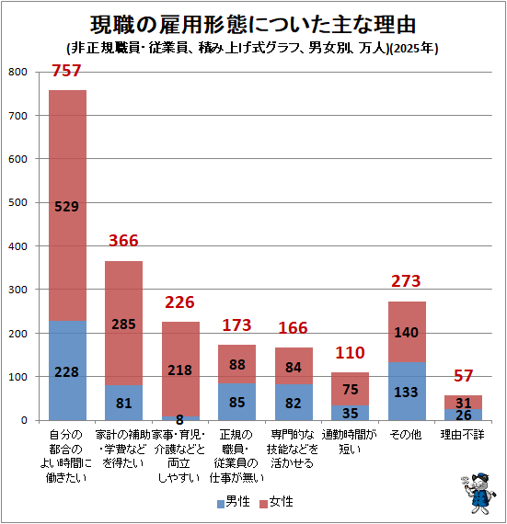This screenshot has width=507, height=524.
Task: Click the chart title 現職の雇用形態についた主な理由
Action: [253, 25]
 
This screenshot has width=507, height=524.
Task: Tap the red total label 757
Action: [66, 71]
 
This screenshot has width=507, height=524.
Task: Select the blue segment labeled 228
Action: [67, 370]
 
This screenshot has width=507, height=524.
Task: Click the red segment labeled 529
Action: [67, 206]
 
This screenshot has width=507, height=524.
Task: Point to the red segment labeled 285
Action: [123, 324]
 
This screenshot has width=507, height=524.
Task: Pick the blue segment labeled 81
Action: [123, 403]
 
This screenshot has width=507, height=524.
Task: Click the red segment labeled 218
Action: [180, 370]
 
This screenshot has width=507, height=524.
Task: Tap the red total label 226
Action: [179, 302]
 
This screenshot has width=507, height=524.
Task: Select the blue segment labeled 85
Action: [236, 402]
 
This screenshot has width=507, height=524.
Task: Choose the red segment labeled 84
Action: [294, 366]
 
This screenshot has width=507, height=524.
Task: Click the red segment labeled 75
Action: [351, 389]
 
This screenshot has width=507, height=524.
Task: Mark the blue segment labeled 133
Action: [407, 391]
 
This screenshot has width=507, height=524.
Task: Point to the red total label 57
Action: [463, 376]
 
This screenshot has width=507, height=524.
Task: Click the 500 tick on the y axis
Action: [17, 202]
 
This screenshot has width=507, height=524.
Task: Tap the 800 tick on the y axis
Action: [17, 72]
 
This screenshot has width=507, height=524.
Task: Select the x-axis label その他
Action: [406, 435]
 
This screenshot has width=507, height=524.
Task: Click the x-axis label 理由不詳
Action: [463, 435]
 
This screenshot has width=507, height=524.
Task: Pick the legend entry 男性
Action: [234, 502]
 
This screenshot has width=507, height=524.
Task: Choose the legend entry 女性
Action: [277, 502]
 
